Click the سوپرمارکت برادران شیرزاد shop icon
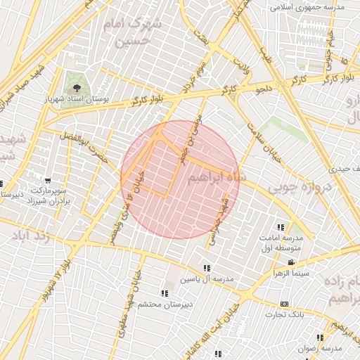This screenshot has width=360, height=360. click(x=48, y=181)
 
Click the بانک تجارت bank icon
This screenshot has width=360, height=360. click(x=284, y=304)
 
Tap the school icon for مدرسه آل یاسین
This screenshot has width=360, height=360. click(x=207, y=268)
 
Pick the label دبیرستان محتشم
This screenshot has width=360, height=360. click(x=166, y=304)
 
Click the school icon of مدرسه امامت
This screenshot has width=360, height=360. click(x=281, y=227)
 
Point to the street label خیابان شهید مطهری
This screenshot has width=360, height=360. click(x=134, y=282)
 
